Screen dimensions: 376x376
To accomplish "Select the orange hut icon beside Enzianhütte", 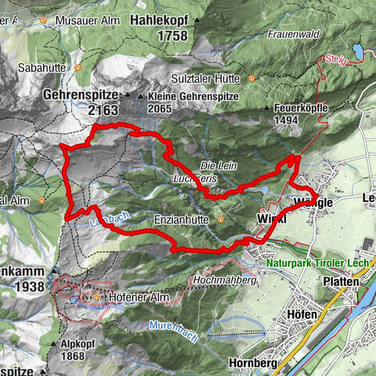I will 222,220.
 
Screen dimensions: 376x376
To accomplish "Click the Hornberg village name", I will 255,363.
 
